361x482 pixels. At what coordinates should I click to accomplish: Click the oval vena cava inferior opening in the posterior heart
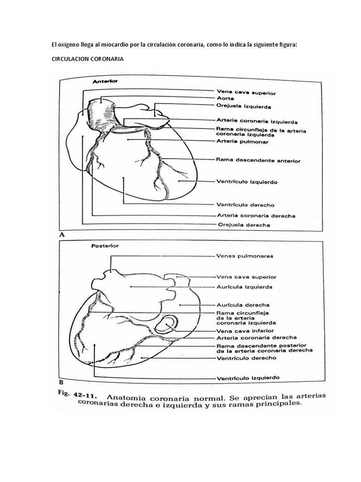click(x=168, y=325)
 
